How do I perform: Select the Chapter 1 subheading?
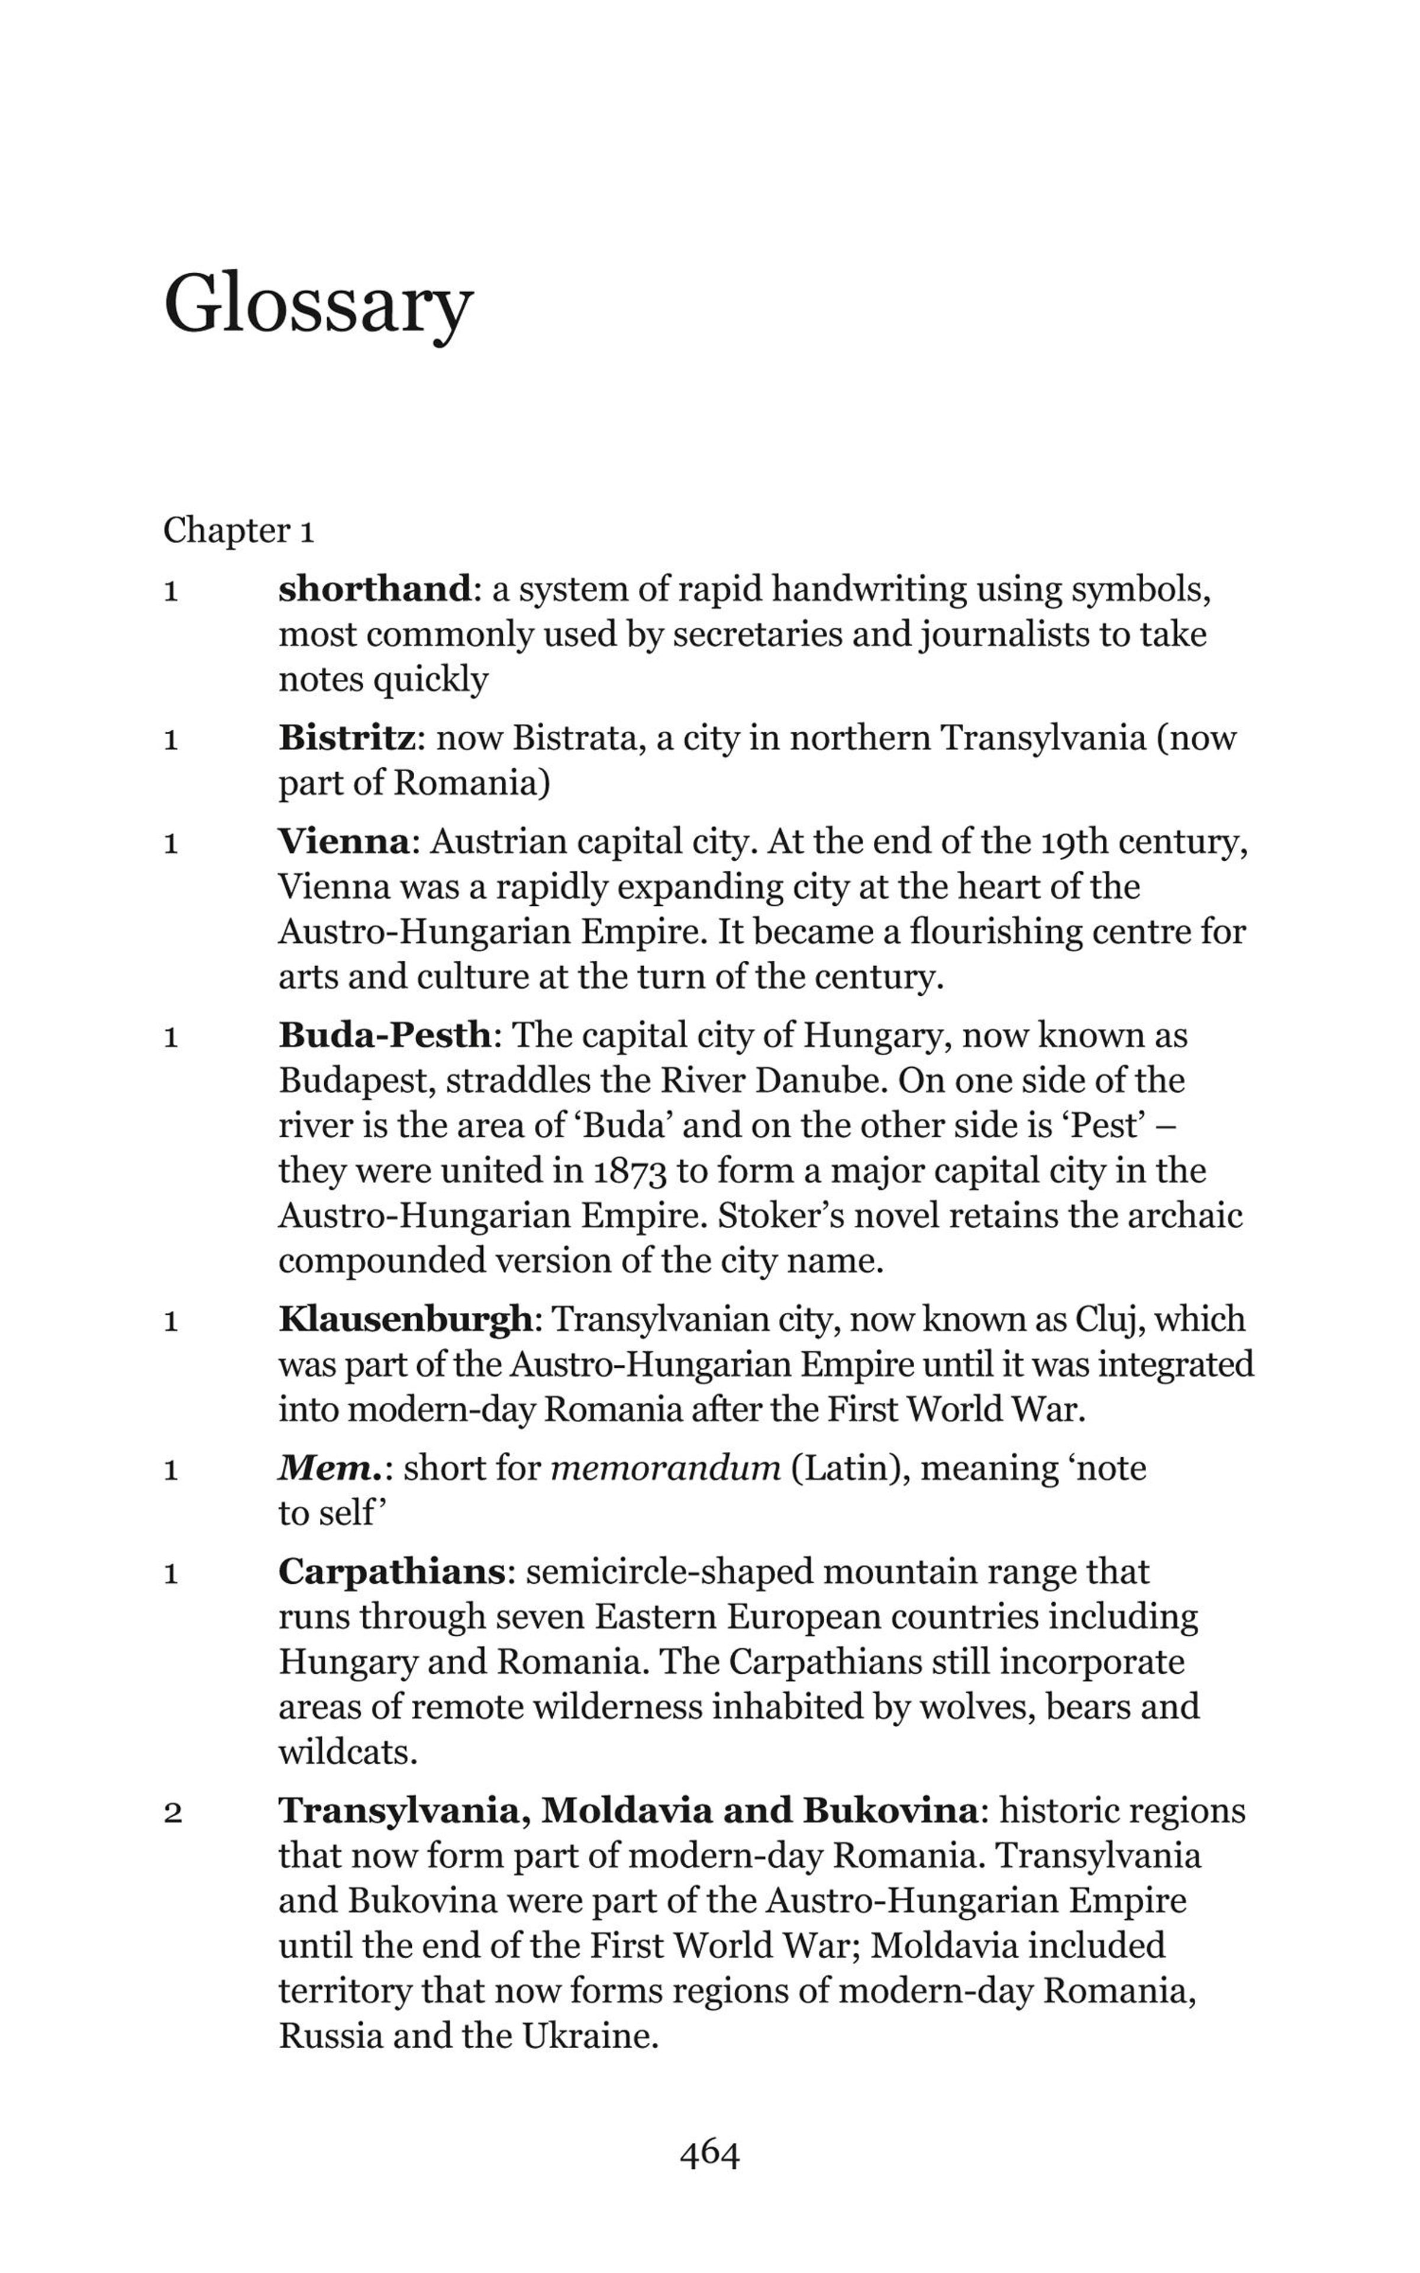(238, 531)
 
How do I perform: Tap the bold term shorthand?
(374, 590)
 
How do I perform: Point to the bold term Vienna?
(344, 841)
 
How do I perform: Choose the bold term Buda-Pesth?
(384, 1035)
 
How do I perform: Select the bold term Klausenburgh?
(406, 1319)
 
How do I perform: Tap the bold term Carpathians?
(392, 1572)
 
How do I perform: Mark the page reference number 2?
(172, 1812)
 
